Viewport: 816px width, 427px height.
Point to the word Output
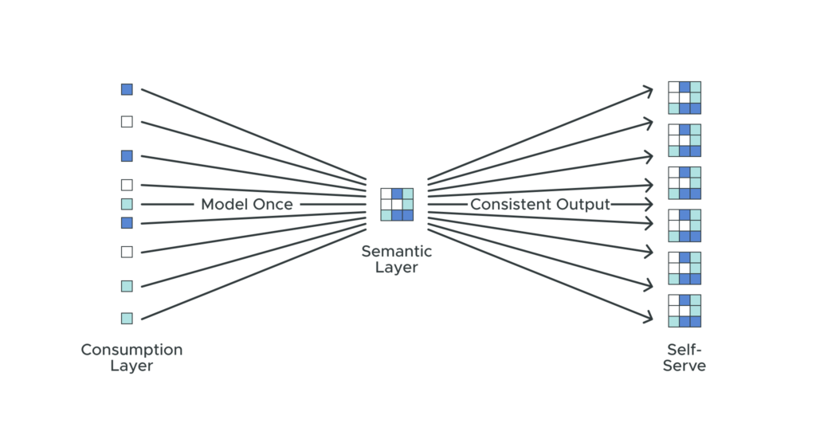584,205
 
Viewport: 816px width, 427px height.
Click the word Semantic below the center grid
397,252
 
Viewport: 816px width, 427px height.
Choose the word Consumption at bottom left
131,350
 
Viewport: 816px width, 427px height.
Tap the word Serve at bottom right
685,366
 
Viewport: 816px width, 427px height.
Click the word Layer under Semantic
397,268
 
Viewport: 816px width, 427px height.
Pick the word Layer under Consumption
131,366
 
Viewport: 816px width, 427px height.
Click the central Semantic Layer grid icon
397,204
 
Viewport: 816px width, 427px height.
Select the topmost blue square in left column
127,89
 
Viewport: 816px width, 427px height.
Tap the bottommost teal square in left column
127,318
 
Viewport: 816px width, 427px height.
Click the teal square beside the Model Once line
127,204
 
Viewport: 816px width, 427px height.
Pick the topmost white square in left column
127,122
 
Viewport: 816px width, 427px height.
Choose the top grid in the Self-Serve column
685,97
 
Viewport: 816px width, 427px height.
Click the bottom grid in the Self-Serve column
685,311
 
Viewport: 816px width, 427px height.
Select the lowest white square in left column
127,252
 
